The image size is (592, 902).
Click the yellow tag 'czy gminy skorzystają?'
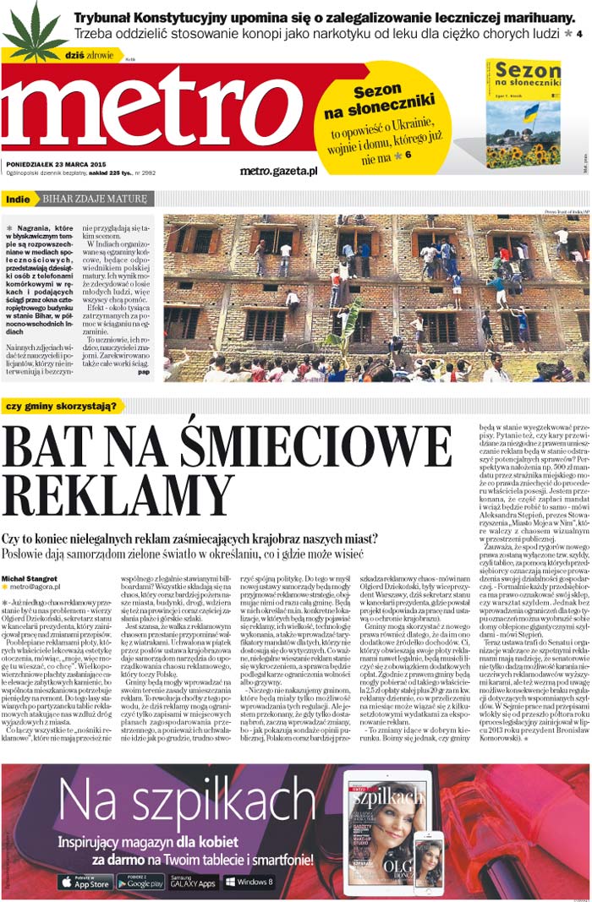[x=62, y=405]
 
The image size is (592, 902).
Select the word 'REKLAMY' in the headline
[x=118, y=495]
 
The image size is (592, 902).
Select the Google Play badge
[x=140, y=882]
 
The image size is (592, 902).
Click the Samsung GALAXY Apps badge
[x=193, y=882]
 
